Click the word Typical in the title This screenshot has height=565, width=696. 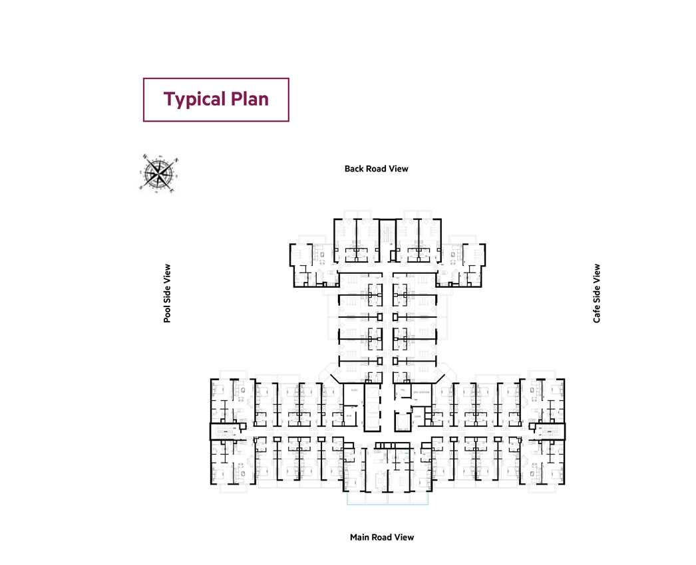point(194,99)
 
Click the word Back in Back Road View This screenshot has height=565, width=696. point(354,169)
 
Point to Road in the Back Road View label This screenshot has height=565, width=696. point(376,169)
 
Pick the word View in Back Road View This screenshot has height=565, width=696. point(399,169)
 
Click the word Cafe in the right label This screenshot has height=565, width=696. point(597,314)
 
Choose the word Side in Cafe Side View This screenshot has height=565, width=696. point(597,294)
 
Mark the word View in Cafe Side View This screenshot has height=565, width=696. point(597,274)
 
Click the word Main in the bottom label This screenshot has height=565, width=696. point(360,537)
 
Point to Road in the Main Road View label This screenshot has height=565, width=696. point(382,537)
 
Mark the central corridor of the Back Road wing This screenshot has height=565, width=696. point(387,319)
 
